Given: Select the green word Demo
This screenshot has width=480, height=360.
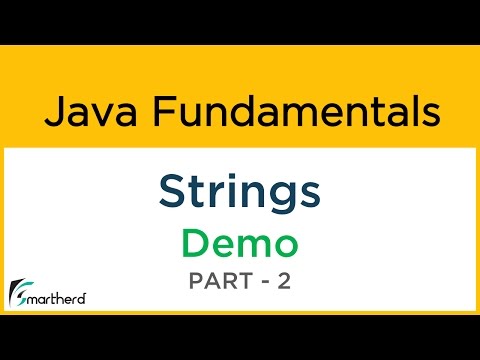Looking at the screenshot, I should click(239, 243).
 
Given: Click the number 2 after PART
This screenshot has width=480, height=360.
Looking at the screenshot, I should click(285, 284).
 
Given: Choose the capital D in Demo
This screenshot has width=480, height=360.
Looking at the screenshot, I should click(194, 243).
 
